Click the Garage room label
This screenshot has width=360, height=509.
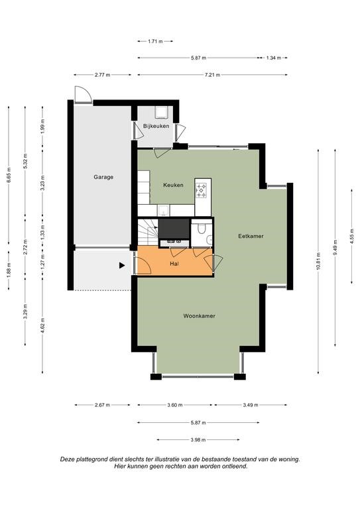[x=103, y=177]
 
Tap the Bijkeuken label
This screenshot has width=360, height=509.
[x=156, y=126]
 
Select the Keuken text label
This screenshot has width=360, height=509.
[x=173, y=185]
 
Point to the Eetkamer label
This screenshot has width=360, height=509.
[x=251, y=236]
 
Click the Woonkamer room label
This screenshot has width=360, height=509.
[x=200, y=316]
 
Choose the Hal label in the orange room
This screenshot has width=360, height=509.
[x=174, y=264]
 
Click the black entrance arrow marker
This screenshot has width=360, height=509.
[x=122, y=266]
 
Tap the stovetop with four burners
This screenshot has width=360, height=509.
[x=202, y=190]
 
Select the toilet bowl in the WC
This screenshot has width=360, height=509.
[x=202, y=229]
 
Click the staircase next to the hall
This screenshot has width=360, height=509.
[x=148, y=232]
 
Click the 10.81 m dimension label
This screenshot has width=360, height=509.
[x=318, y=261]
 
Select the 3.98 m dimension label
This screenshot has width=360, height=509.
[x=198, y=440]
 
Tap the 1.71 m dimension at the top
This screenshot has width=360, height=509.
[x=155, y=41]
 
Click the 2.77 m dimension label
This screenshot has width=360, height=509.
[x=102, y=75]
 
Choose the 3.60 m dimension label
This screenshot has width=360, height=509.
[x=174, y=405]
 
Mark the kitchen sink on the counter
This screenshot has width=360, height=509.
[x=163, y=210]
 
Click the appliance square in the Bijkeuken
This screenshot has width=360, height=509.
[x=161, y=112]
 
